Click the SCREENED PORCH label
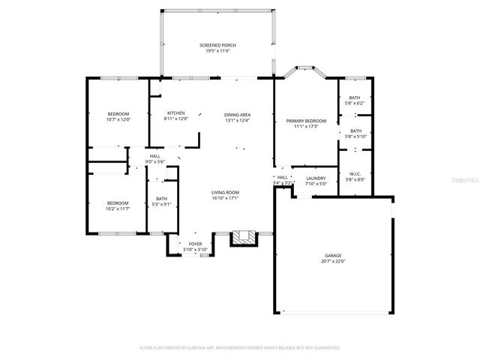[x=217, y=46]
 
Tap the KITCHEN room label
[x=175, y=113]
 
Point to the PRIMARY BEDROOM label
[x=305, y=121]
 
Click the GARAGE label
[x=333, y=255]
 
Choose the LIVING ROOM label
[x=224, y=193]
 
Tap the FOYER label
[x=195, y=244]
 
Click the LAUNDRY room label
[x=316, y=178]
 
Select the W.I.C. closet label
[x=354, y=174]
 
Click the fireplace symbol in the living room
[x=242, y=238]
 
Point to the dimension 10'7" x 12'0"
[x=118, y=118]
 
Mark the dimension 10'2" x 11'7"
[x=118, y=208]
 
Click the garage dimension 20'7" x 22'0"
[x=333, y=260]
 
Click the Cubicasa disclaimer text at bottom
[x=240, y=348]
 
